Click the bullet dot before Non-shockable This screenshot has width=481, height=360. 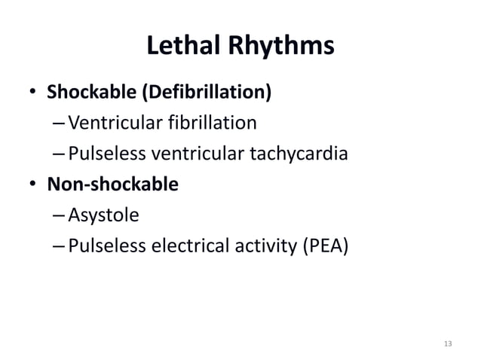coord(33,185)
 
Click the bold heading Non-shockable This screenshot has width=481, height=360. coord(113,185)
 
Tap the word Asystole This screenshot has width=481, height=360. coord(103,216)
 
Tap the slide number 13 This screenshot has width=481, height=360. coord(448,343)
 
